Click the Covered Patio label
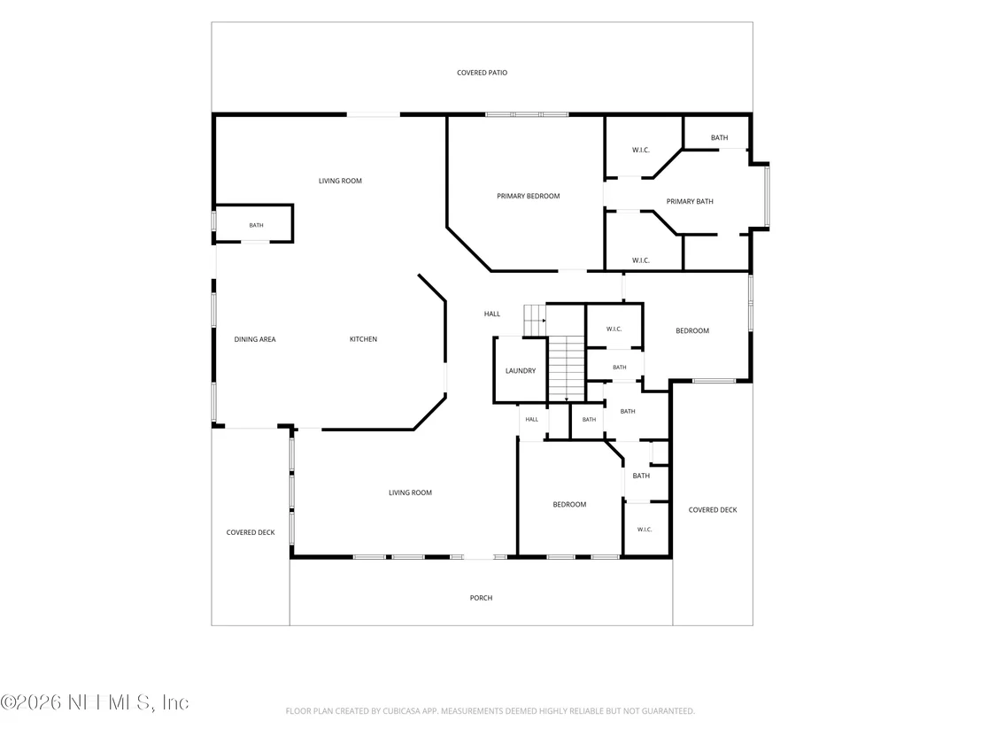click(482, 73)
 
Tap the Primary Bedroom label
click(528, 196)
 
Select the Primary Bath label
click(690, 202)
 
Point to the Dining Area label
click(255, 339)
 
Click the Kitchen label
click(363, 339)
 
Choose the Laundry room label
click(521, 370)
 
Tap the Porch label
click(481, 598)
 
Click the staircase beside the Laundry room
click(567, 368)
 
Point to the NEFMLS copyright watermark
click(95, 702)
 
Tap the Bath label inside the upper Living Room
click(257, 225)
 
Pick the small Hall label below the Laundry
click(532, 419)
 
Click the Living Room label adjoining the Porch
click(411, 492)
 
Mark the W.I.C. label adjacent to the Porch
click(645, 530)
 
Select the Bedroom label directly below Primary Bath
click(692, 330)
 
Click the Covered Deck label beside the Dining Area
click(251, 532)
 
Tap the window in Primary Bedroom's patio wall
click(527, 114)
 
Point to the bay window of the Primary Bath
click(767, 196)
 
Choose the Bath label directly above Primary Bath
click(720, 137)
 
